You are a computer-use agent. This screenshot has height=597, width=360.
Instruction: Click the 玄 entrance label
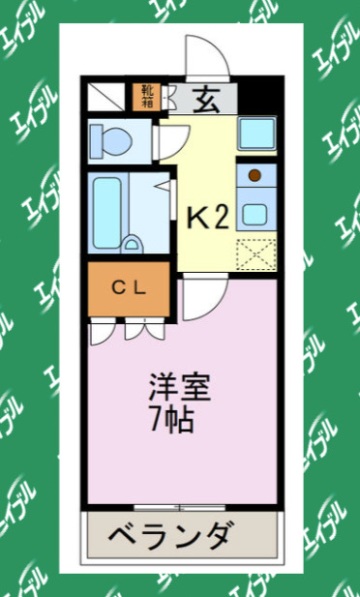204,98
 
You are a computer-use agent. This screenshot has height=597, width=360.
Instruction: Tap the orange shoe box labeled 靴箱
147,97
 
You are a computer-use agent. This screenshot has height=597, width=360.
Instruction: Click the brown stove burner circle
255,175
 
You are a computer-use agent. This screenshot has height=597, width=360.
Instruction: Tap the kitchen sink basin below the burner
255,212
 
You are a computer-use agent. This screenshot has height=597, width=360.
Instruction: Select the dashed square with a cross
255,255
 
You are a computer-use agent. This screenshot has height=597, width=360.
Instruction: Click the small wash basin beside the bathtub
134,243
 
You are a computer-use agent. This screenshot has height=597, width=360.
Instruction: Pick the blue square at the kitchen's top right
255,133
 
